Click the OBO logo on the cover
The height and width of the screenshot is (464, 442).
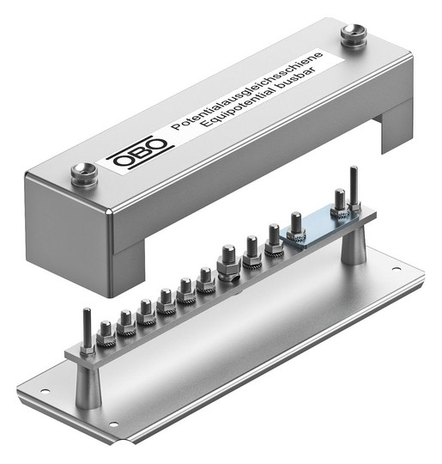(x=140, y=155)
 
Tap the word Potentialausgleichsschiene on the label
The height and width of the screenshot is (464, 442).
(x=247, y=90)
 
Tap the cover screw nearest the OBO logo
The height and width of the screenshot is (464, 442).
(x=85, y=174)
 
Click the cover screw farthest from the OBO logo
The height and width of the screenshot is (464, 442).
(x=354, y=35)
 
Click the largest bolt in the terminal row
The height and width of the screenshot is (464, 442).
(x=228, y=260)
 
